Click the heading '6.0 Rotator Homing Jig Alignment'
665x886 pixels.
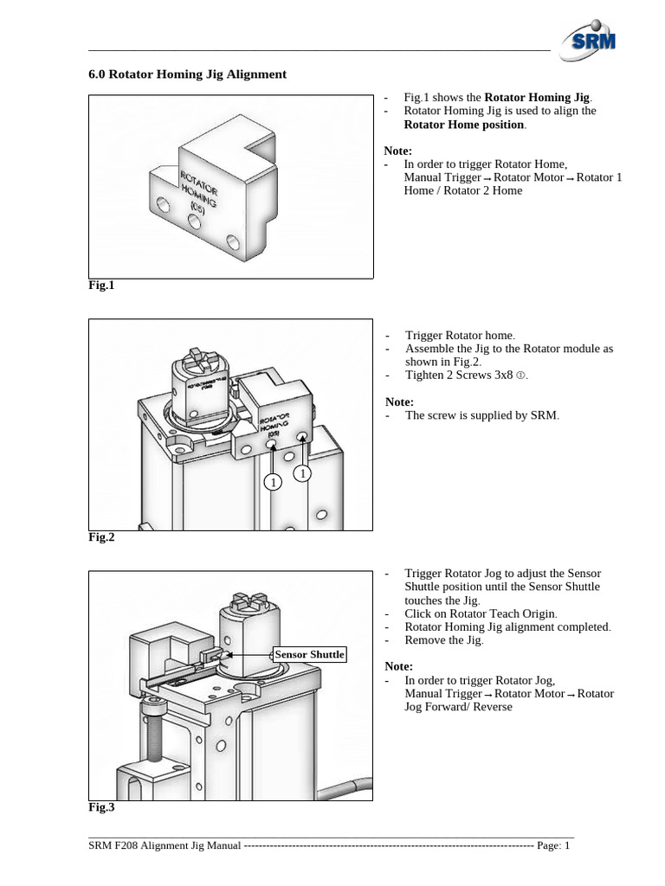pyautogui.click(x=187, y=74)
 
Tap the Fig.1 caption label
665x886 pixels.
pyautogui.click(x=101, y=285)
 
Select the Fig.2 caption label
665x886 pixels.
pyautogui.click(x=101, y=537)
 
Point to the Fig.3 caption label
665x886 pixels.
pyautogui.click(x=101, y=807)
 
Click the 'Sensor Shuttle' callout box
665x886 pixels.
pyautogui.click(x=309, y=654)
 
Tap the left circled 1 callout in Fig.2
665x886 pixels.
pyautogui.click(x=273, y=482)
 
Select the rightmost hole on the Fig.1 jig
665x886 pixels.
pyautogui.click(x=231, y=240)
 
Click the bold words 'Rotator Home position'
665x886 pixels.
pyautogui.click(x=464, y=125)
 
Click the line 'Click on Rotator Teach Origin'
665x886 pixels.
pyautogui.click(x=481, y=613)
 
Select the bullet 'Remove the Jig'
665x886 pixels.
pyautogui.click(x=443, y=640)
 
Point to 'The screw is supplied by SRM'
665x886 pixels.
pyautogui.click(x=481, y=415)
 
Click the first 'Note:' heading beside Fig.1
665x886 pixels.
pyautogui.click(x=398, y=151)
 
